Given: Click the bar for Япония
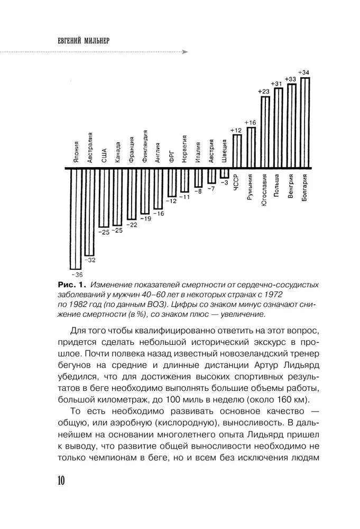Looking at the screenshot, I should pos(76,218).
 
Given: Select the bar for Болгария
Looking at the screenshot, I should pos(305,123).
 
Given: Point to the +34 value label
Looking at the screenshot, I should pos(304,72).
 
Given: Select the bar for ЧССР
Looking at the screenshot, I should pos(237,152).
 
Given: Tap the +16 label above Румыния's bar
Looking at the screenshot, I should pos(250,123).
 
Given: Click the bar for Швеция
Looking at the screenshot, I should pos(224,174).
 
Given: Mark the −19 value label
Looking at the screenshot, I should pos(144,218).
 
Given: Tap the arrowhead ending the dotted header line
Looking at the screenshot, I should pos(184,52).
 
